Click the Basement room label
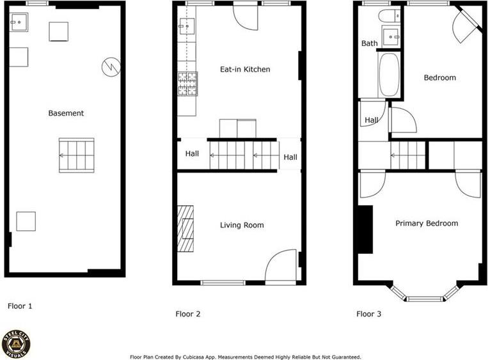pyautogui.click(x=66, y=113)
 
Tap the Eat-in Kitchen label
pyautogui.click(x=245, y=69)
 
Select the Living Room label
pyautogui.click(x=242, y=225)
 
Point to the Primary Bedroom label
pyautogui.click(x=427, y=223)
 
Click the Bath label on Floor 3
pyautogui.click(x=370, y=43)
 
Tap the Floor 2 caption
pyautogui.click(x=187, y=314)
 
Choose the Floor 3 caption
pyautogui.click(x=369, y=314)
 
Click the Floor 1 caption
pyautogui.click(x=20, y=306)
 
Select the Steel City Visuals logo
pyautogui.click(x=15, y=345)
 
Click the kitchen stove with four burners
pyautogui.click(x=187, y=84)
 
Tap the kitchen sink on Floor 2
pyautogui.click(x=187, y=26)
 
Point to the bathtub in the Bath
pyautogui.click(x=389, y=75)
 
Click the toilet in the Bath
pyautogui.click(x=389, y=15)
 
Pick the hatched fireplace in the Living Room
pyautogui.click(x=185, y=228)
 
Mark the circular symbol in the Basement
pyautogui.click(x=111, y=67)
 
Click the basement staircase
pyautogui.click(x=77, y=155)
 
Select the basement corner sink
pyautogui.click(x=19, y=22)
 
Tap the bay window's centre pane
pyautogui.click(x=425, y=299)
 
